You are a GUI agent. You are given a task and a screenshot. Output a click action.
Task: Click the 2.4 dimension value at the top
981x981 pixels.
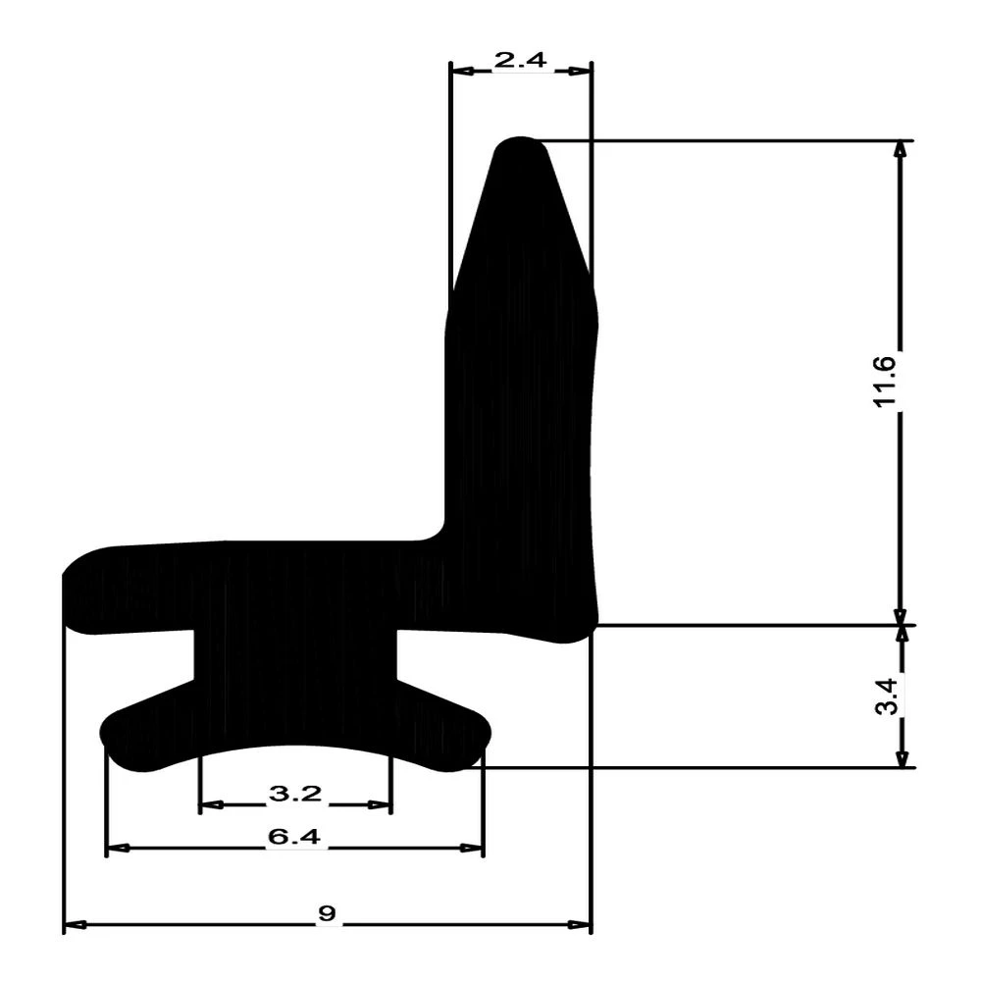coord(520,61)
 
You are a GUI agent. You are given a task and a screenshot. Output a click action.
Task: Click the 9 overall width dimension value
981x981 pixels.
coord(327,914)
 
